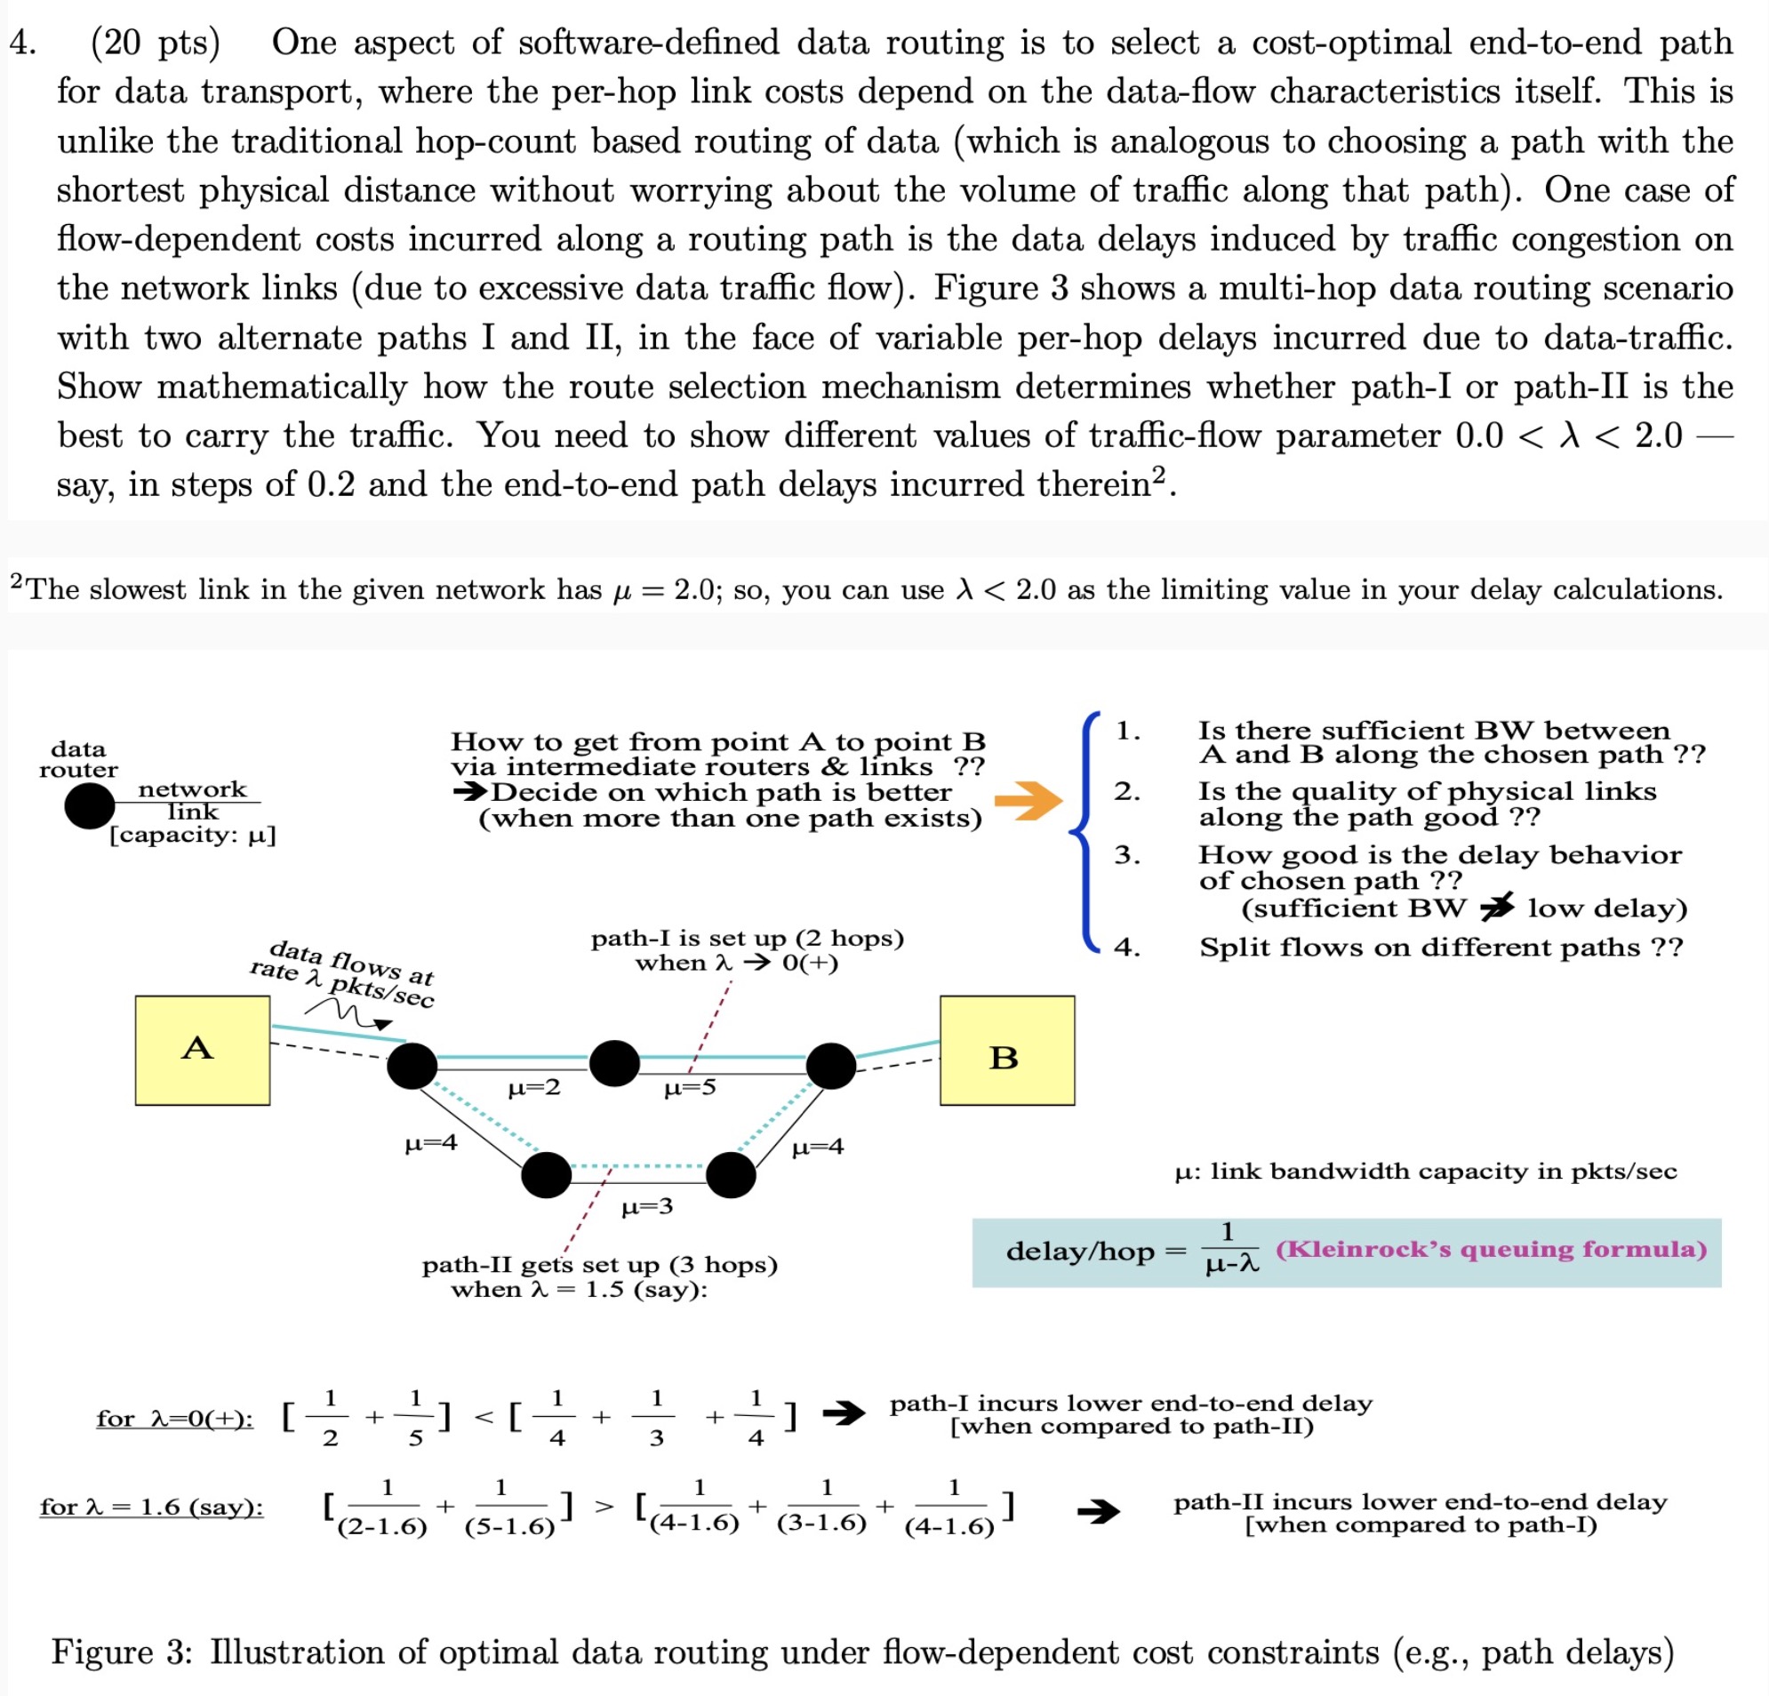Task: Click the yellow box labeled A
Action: tap(202, 1050)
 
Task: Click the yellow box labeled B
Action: tap(1006, 1050)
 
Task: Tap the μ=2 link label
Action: tap(534, 1088)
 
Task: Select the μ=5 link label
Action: tap(690, 1088)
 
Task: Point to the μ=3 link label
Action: tap(647, 1207)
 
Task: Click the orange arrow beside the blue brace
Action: tap(1028, 800)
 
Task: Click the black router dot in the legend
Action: tap(90, 805)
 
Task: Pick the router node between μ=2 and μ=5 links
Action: tap(614, 1062)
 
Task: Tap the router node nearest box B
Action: tap(830, 1065)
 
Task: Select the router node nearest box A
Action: tap(412, 1065)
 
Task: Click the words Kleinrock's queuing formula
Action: tap(1491, 1249)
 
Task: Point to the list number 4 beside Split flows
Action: tap(1126, 947)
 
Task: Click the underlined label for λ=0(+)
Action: tap(175, 1418)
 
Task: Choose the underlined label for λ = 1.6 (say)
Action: tap(152, 1507)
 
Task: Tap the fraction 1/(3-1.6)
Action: tap(822, 1506)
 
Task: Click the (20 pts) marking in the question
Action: tap(156, 43)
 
